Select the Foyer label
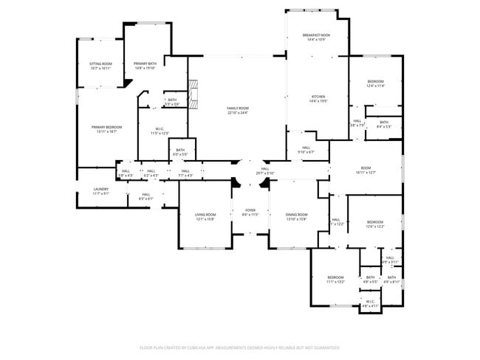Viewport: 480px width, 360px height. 250,212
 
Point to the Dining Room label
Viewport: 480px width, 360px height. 296,216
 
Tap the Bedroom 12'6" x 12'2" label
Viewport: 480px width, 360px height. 375,224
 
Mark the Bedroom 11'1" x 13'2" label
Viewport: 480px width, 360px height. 335,280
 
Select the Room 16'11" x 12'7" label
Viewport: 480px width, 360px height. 366,170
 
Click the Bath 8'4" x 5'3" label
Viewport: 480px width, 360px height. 384,124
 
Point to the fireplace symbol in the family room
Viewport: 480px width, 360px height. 194,95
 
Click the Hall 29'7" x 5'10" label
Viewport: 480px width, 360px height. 266,171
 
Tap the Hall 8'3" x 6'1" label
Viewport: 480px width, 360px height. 145,196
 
